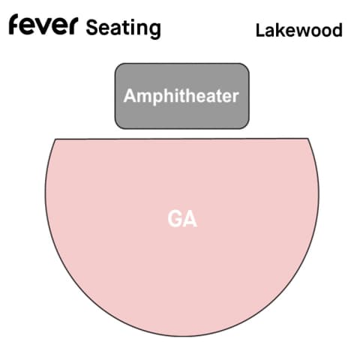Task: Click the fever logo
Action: coord(43,24)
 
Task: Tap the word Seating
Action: coord(124,28)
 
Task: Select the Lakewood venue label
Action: coord(299,30)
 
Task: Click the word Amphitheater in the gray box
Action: coord(181,96)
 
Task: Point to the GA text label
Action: coord(182,219)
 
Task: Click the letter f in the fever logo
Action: coord(15,24)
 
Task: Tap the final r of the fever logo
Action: coord(73,26)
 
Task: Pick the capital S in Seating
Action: coord(92,27)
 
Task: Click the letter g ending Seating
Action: coord(155,31)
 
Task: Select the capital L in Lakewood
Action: coord(261,30)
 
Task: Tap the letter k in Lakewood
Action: coord(281,30)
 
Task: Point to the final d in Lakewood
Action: coord(337,30)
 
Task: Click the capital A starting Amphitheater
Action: coord(130,95)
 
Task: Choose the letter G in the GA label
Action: coord(175,219)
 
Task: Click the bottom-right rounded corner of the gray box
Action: coord(247,127)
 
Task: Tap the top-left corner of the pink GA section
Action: coord(55,139)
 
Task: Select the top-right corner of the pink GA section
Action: coord(308,138)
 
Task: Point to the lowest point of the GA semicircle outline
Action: coord(182,336)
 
